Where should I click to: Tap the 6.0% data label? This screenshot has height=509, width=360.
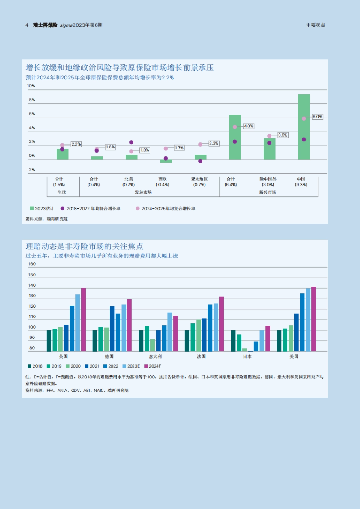317,117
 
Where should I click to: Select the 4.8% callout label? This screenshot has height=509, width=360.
249,126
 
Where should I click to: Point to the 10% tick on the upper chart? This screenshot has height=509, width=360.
31,86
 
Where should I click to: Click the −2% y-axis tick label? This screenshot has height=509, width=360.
31,170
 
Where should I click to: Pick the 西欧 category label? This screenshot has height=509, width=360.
163,179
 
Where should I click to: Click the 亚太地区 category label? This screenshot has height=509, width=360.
199,179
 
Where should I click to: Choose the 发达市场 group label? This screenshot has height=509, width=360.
143,192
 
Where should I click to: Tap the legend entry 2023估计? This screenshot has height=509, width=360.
42,208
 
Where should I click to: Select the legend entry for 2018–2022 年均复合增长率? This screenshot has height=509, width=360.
91,208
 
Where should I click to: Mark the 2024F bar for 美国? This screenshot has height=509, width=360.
314,319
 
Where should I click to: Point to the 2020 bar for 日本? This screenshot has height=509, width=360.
245,350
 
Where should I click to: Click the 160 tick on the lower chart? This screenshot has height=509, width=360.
32,264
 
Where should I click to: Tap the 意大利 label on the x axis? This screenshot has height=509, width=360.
155,356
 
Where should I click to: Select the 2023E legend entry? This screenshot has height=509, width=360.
131,366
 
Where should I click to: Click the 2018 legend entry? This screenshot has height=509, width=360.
35,366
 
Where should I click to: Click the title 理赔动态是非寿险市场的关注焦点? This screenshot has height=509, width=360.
85,246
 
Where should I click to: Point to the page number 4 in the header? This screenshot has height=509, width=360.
27,25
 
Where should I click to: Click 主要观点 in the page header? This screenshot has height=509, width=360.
315,25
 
